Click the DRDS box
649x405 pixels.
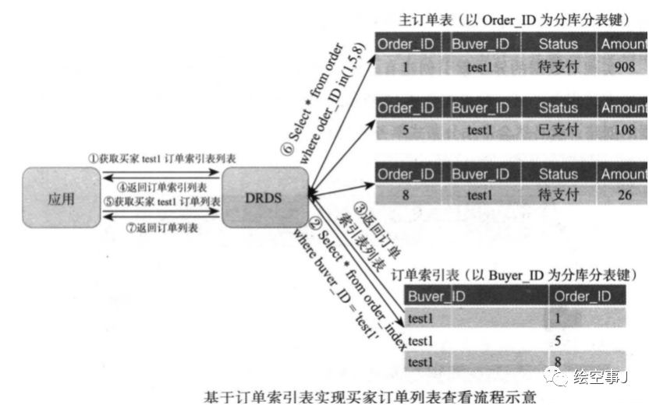(x=264, y=198)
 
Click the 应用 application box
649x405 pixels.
(x=61, y=198)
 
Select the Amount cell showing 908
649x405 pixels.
(x=624, y=67)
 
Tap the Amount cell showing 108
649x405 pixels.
(x=624, y=130)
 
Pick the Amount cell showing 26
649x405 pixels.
(x=624, y=195)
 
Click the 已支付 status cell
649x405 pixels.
(x=559, y=130)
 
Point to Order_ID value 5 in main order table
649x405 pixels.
(x=406, y=130)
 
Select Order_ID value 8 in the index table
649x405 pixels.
(x=559, y=361)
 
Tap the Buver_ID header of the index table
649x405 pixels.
(x=437, y=296)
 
